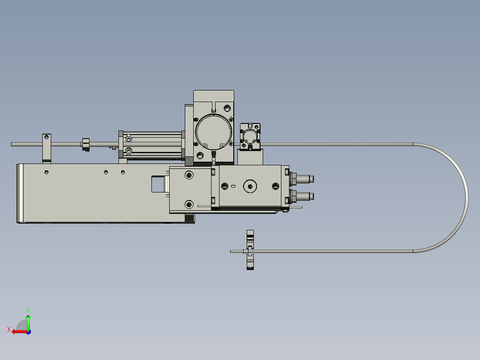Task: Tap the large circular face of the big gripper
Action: coord(213,132)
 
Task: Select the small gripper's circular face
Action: coord(250,135)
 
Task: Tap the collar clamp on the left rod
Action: coord(85,144)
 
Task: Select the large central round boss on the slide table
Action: coord(250,186)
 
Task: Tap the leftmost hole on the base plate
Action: coord(47,172)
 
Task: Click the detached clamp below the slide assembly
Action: coord(250,250)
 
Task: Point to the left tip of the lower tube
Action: coord(232,251)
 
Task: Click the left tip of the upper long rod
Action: coord(12,144)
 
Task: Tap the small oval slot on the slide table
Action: coord(233,186)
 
